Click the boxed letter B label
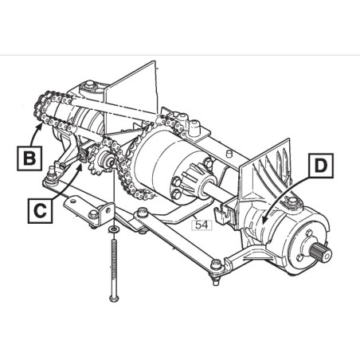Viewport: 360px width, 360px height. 29,158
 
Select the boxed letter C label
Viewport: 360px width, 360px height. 40,211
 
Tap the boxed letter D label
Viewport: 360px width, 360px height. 321,166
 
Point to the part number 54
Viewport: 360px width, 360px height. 202,225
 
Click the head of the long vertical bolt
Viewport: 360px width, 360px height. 114,298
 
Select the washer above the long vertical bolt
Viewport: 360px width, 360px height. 114,229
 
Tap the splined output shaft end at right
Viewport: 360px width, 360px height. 322,253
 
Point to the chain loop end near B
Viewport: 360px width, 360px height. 40,108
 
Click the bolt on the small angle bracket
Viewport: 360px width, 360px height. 93,213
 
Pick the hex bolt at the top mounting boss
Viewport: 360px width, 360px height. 90,84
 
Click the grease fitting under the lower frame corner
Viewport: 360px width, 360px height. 216,281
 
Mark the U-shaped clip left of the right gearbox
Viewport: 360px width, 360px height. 223,213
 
